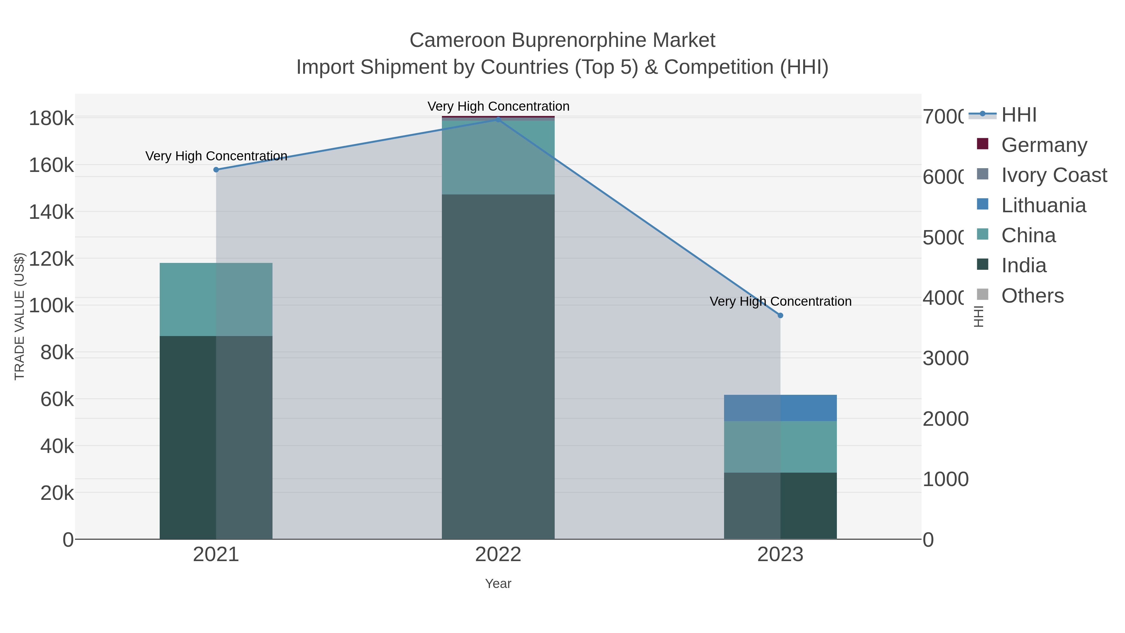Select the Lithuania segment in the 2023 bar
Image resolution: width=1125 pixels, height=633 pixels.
780,408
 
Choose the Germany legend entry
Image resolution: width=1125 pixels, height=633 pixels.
1044,145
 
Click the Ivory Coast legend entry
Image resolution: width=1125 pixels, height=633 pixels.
1053,175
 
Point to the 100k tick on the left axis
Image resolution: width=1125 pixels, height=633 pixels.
51,306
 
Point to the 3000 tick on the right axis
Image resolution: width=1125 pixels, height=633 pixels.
946,358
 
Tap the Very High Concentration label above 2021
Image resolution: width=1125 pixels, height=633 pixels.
216,156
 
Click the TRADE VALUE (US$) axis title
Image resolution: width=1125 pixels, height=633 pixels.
20,316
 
